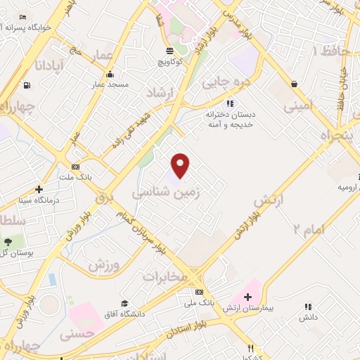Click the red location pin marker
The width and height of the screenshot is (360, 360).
point(181,165)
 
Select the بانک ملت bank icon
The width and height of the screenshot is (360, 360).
point(75,167)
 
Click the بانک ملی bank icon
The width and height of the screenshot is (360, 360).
point(199,292)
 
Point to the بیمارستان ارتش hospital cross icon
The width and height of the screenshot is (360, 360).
point(247,297)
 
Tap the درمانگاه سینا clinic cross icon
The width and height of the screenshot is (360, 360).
point(39,189)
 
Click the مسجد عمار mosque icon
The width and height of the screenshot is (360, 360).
point(109,75)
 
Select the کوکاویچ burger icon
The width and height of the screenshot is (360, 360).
point(169,51)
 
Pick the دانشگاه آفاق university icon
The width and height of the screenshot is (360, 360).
point(124,303)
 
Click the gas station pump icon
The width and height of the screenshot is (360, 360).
point(27,86)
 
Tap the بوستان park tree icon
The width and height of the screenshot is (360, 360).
point(7,243)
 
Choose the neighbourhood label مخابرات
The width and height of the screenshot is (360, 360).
point(166,276)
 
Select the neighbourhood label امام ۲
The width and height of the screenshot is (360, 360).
point(307,229)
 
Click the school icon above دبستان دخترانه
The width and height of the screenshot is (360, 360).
point(229,103)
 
